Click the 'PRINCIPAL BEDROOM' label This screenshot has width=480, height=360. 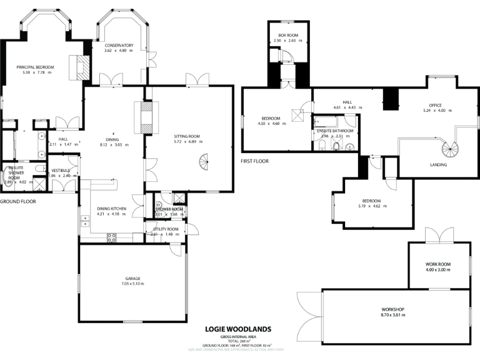pyautogui.click(x=35, y=67)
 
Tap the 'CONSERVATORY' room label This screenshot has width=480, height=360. pyautogui.click(x=119, y=46)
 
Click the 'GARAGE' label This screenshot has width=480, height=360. pyautogui.click(x=132, y=278)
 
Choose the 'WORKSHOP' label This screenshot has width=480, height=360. pyautogui.click(x=394, y=310)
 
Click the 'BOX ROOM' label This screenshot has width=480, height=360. pyautogui.click(x=287, y=36)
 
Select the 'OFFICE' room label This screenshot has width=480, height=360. pyautogui.click(x=436, y=106)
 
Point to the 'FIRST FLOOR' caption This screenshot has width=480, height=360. pyautogui.click(x=254, y=161)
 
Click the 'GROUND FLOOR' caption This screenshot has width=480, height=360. pyautogui.click(x=17, y=202)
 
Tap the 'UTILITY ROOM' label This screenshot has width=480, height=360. pyautogui.click(x=166, y=229)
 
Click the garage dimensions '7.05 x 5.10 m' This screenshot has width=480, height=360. pyautogui.click(x=132, y=284)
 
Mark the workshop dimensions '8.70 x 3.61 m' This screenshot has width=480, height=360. pyautogui.click(x=394, y=316)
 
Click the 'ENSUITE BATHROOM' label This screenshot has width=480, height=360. pyautogui.click(x=335, y=131)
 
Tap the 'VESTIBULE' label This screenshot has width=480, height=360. pyautogui.click(x=61, y=170)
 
